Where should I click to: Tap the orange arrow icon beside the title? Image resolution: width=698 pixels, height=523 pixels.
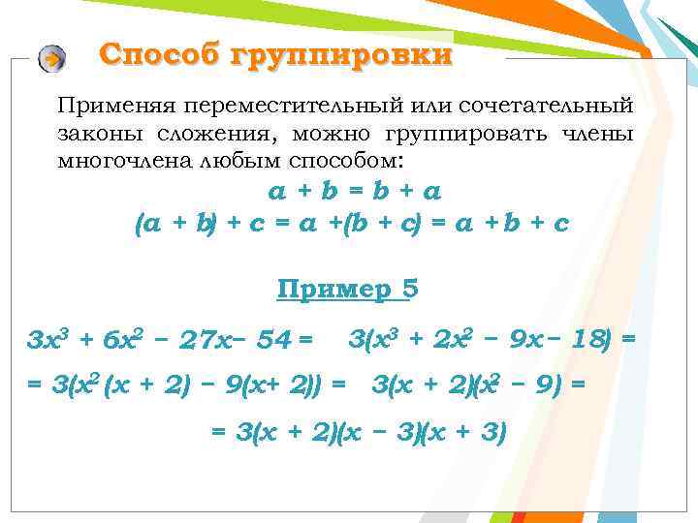point(51,59)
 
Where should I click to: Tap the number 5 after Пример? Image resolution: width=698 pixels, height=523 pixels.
point(410,289)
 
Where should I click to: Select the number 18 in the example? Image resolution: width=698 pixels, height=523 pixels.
point(587,340)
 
